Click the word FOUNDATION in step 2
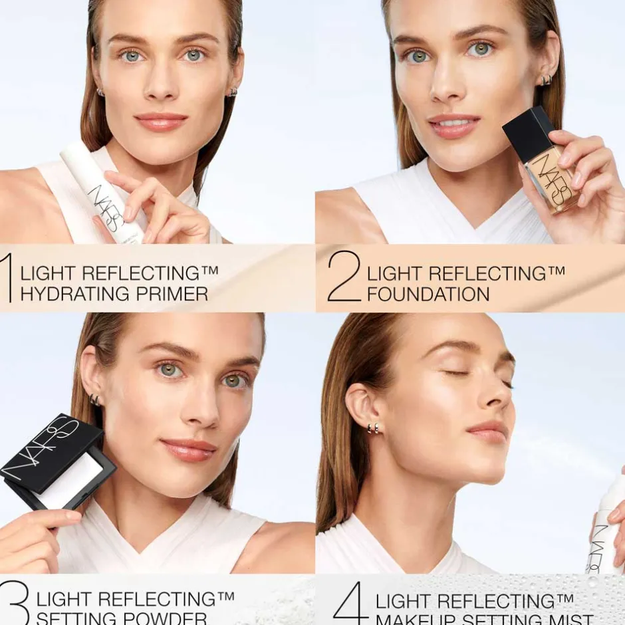pos(428,294)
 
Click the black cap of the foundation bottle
pos(529,134)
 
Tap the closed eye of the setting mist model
pos(457,373)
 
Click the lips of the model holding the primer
pos(161,122)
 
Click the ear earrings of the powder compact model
pos(95,400)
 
